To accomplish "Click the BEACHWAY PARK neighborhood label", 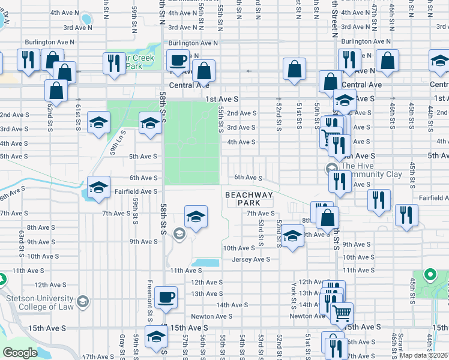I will coord(249,199).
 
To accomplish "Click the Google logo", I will coord(20,353).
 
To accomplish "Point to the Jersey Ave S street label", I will coord(251,259).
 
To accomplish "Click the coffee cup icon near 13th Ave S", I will coord(166,297).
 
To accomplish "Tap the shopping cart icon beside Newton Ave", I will coord(342,313).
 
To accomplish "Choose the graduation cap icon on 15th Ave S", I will coord(156,336).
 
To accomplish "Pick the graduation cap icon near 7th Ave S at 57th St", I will coord(195,217).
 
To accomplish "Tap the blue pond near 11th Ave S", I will coord(206,263).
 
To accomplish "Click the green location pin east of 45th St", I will coord(429,276).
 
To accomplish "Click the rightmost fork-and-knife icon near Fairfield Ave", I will coord(406,215).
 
